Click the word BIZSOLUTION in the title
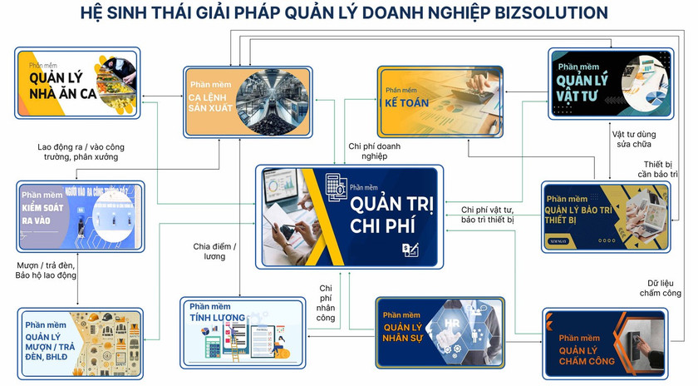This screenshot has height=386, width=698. tap(543, 12)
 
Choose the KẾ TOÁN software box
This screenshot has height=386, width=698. tap(440, 99)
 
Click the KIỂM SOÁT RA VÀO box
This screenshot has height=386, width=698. tap(80, 216)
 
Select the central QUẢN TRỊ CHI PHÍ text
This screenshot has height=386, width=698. tap(384, 215)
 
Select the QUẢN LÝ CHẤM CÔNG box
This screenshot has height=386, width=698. tap(604, 341)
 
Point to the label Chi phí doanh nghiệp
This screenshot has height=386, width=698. tap(374, 151)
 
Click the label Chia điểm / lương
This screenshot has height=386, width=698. tap(214, 252)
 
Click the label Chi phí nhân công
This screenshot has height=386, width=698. tap(326, 303)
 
